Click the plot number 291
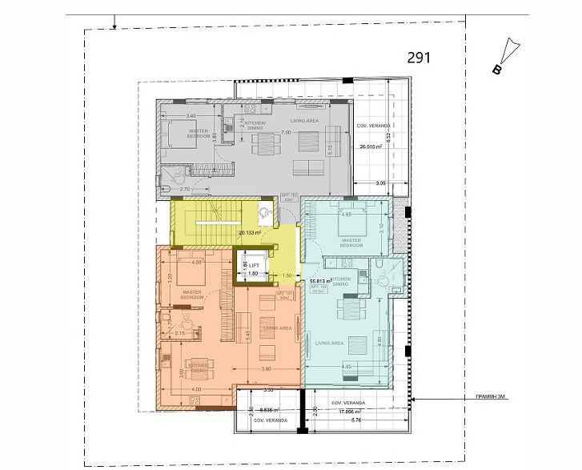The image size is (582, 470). (x=420, y=57)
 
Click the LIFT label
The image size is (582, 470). (x=254, y=264)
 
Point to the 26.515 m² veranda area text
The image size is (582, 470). (x=374, y=147)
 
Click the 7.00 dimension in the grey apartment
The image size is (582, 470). (x=285, y=132)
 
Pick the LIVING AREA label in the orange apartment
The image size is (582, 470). (x=276, y=327)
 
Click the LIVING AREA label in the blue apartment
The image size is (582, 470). (x=330, y=343)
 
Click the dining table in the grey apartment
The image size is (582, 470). (x=264, y=144)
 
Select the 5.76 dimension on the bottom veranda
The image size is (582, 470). (x=357, y=420)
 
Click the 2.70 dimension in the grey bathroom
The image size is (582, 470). (x=184, y=189)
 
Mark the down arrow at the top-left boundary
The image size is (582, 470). (x=116, y=21)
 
